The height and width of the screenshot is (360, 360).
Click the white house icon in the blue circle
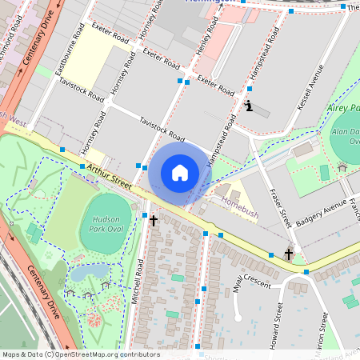click(180, 173)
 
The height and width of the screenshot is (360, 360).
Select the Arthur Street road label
click(110, 175)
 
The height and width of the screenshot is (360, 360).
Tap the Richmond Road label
click(14, 36)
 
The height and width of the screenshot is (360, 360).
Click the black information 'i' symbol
click(249, 106)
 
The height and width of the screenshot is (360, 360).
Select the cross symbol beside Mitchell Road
click(153, 219)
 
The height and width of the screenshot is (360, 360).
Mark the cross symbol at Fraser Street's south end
click(289, 254)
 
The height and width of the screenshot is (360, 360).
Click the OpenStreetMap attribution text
click(80, 354)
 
